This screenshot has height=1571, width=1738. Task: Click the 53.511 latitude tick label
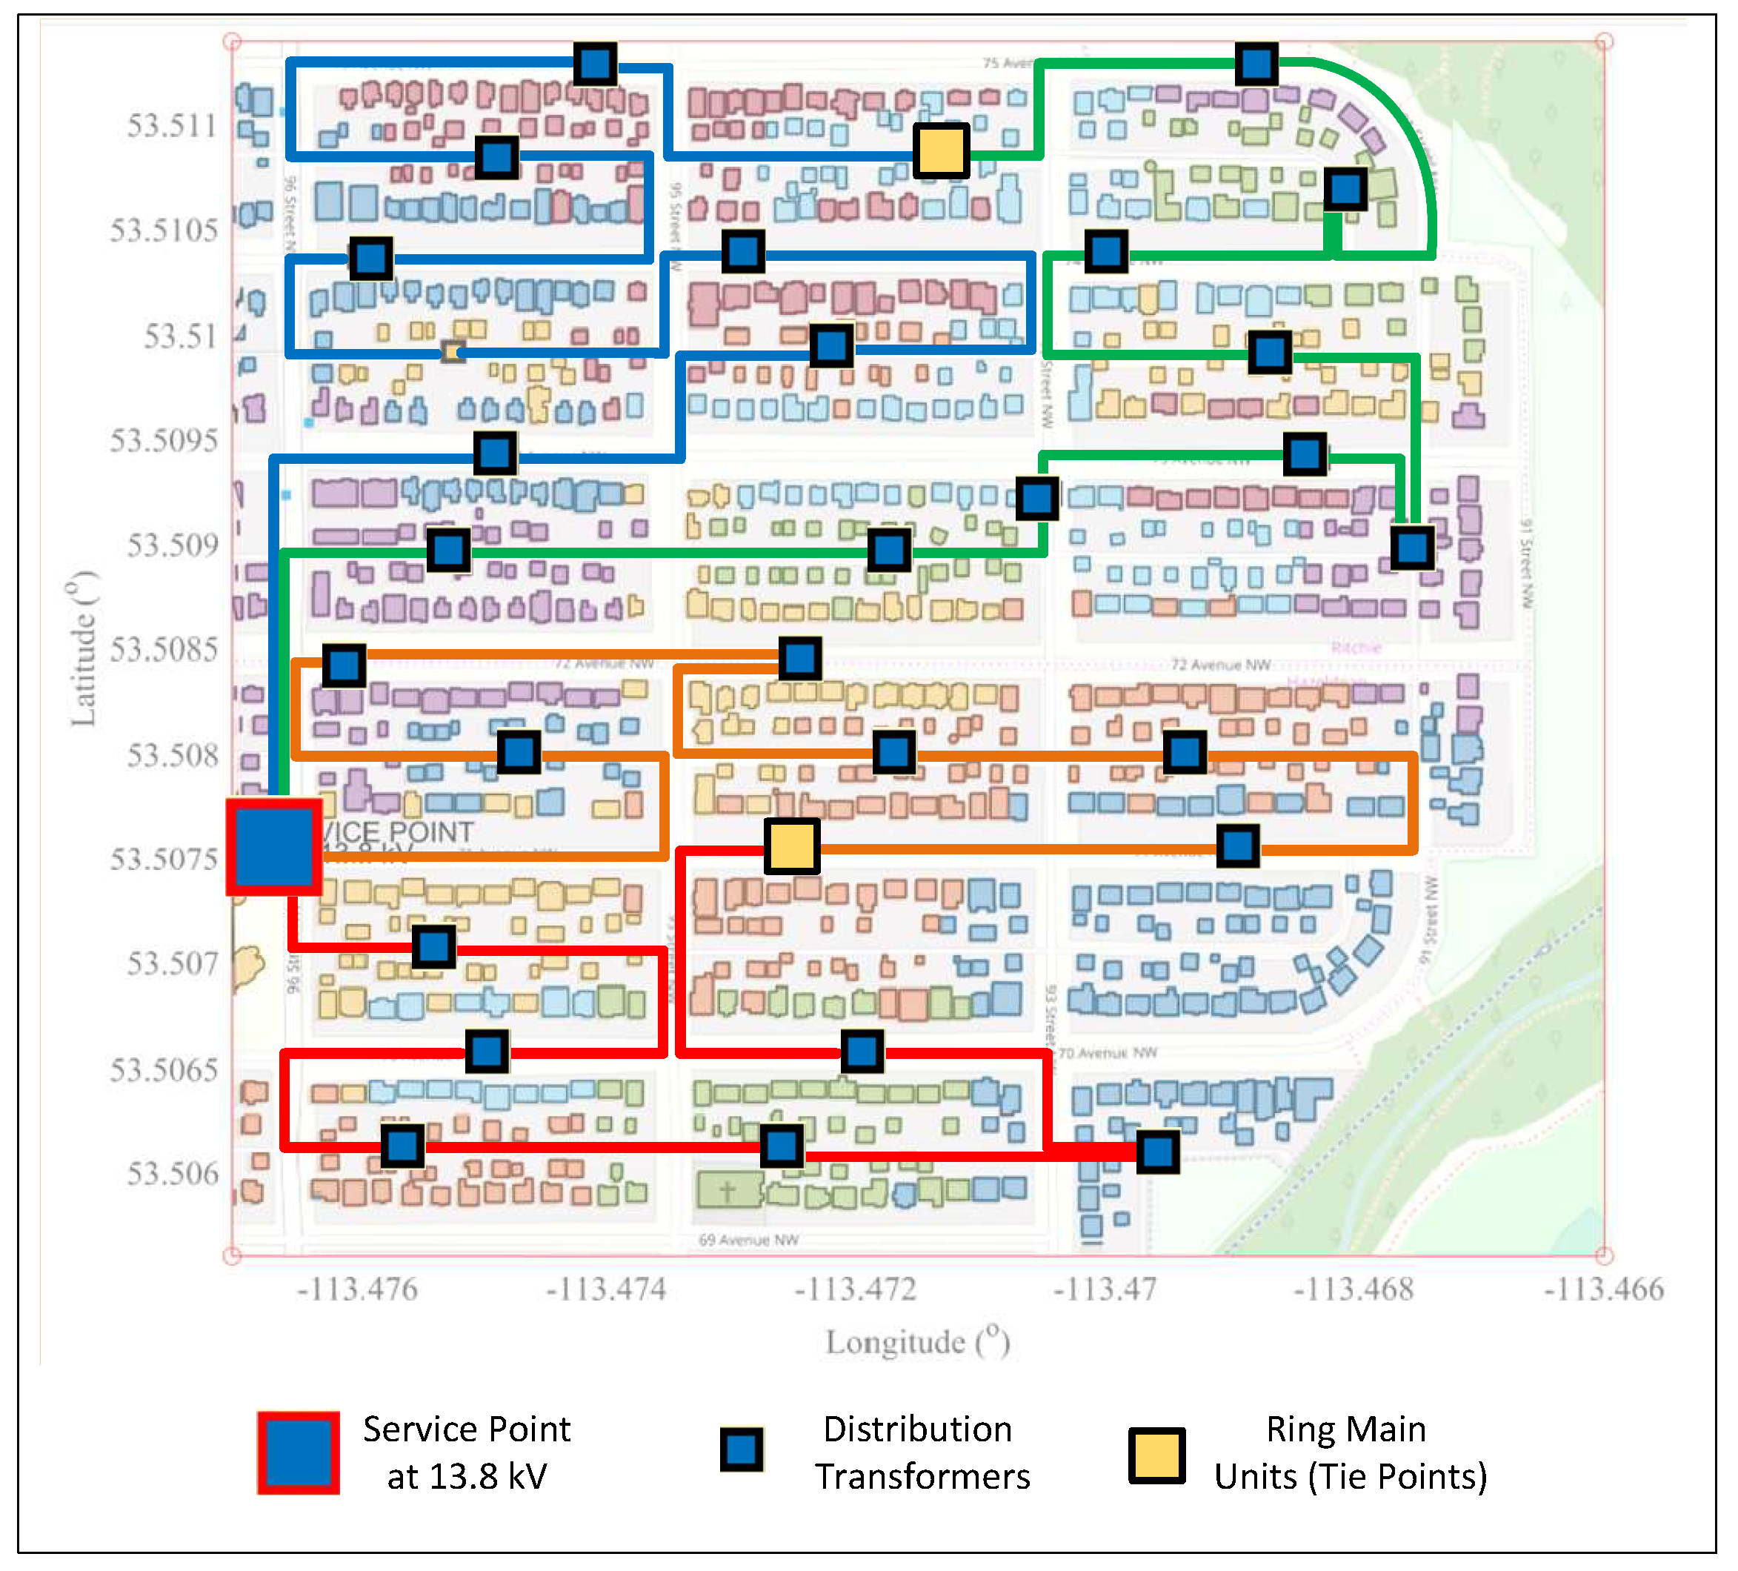(x=173, y=126)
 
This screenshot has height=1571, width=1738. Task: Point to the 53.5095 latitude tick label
(x=164, y=441)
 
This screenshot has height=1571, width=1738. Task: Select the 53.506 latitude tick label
(x=173, y=1174)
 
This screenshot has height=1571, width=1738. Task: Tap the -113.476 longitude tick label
(x=357, y=1290)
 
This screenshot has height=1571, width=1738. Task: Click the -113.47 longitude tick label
(x=1105, y=1290)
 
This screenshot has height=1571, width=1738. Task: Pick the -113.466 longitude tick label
(x=1603, y=1290)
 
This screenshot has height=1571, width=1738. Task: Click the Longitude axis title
(x=917, y=1343)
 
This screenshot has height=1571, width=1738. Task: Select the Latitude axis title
(x=84, y=648)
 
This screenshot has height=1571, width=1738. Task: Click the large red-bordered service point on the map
(x=274, y=847)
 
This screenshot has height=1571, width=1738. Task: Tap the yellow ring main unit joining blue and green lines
(x=942, y=151)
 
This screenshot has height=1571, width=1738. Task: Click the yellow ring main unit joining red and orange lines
(x=791, y=847)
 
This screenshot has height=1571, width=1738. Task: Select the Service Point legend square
(x=299, y=1453)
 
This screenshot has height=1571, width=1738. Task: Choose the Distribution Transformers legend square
(x=742, y=1450)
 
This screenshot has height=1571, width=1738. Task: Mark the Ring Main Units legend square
(x=1157, y=1455)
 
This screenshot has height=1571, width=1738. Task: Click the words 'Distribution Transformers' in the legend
(x=922, y=1453)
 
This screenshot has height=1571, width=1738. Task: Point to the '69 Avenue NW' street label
(x=748, y=1240)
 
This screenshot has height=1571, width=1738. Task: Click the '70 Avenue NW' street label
(x=1108, y=1053)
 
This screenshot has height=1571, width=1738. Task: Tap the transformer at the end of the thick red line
(x=1157, y=1152)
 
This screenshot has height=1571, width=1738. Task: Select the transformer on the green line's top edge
(x=1256, y=63)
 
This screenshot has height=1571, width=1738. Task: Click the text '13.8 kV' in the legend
(x=467, y=1477)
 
